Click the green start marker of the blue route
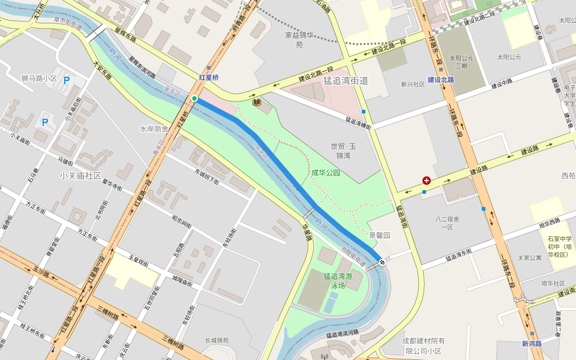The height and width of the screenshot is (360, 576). coord(194,98)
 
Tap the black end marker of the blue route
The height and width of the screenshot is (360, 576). coord(382,262)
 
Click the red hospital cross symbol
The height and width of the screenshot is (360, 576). coord(427,180)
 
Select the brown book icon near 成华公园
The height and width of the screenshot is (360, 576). coord(257,103)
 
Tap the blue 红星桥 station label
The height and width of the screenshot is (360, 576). coord(209,77)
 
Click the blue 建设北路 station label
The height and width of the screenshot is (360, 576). coord(441,80)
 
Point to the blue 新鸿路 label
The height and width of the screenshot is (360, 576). coord(532,344)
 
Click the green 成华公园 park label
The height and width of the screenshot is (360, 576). coord(326,173)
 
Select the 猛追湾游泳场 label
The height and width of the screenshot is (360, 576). coord(338,281)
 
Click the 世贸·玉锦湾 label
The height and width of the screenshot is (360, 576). coord(344,151)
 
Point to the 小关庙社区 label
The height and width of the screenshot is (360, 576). coord(80,176)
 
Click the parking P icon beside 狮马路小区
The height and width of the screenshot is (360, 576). coord(67,80)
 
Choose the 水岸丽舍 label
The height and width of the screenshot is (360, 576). coord(154,129)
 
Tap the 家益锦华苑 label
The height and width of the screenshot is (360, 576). coord(299,40)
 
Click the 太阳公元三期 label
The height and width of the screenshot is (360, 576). coord(460,62)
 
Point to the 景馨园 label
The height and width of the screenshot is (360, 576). coord(379,236)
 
